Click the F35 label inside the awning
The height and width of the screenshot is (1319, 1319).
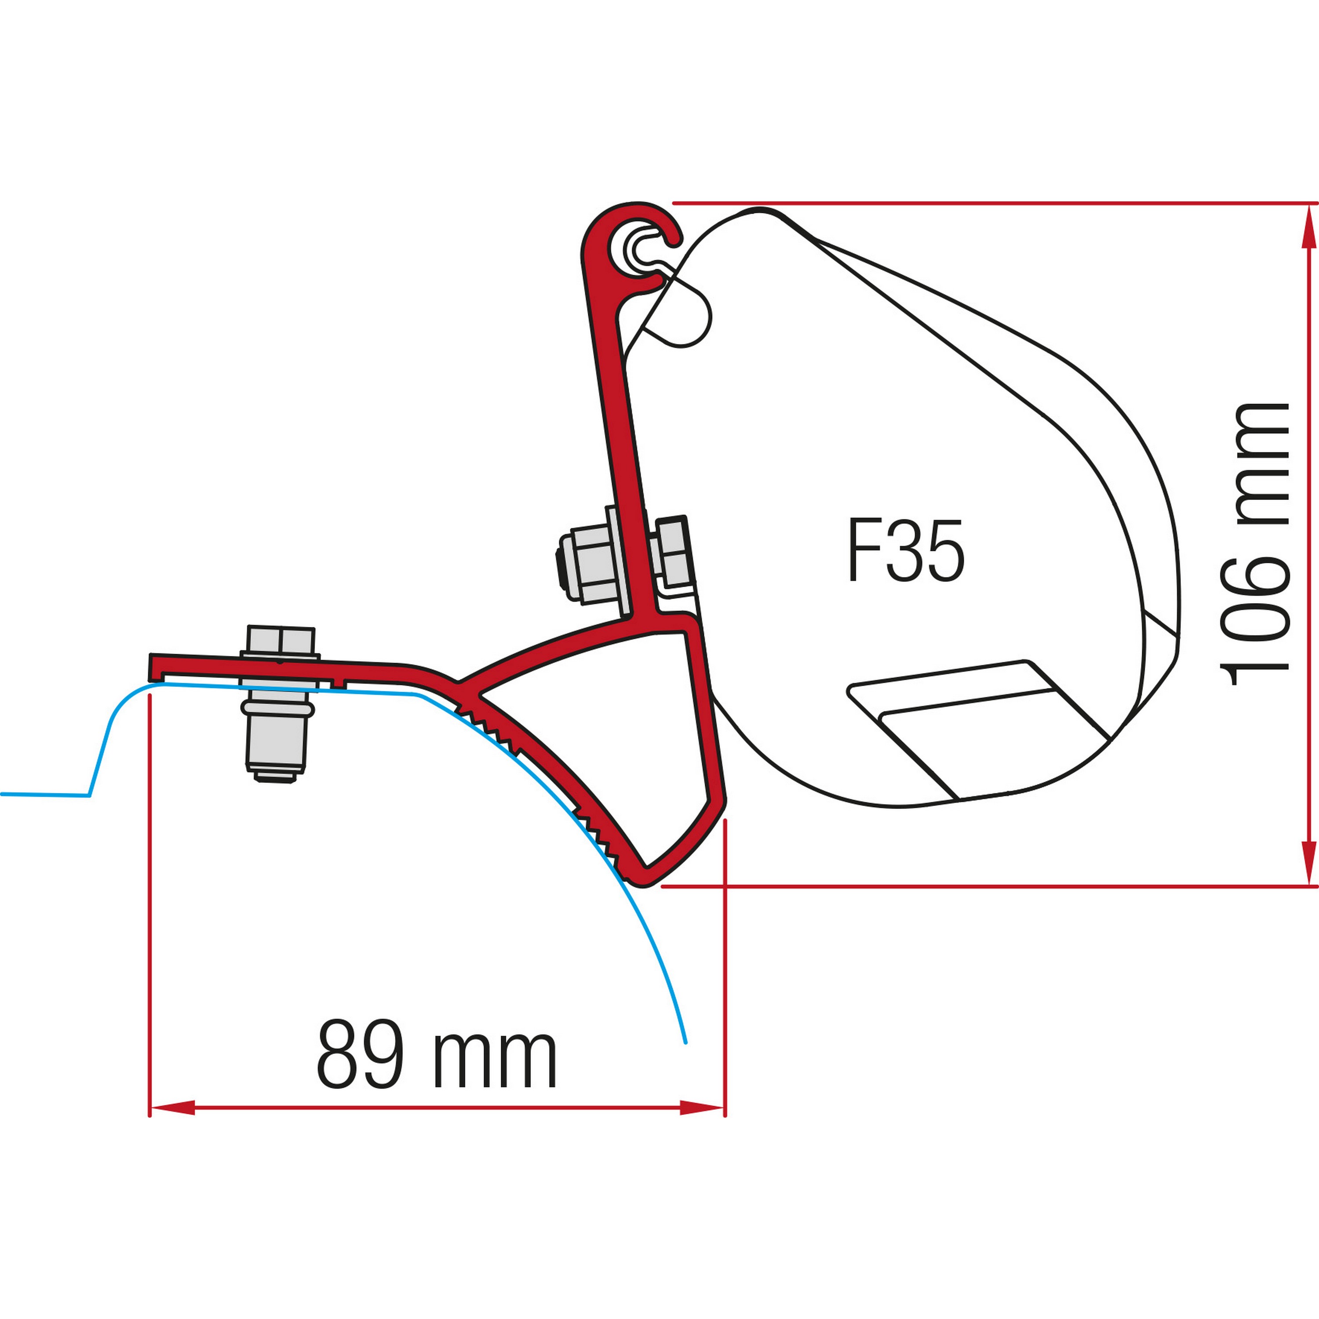[x=906, y=552]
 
